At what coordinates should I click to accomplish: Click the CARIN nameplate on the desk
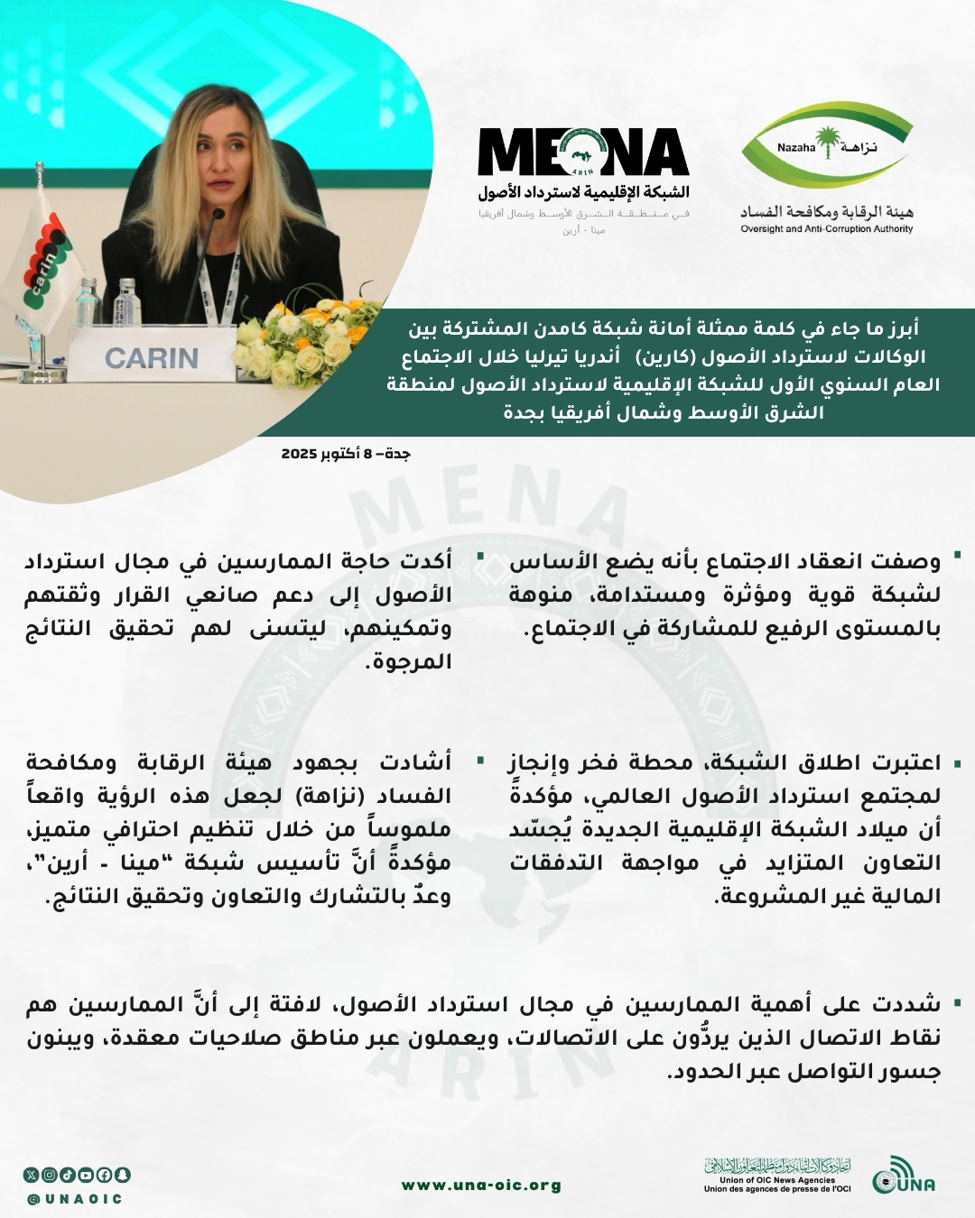[151, 358]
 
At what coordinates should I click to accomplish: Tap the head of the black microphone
[217, 217]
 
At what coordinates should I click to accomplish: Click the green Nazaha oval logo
[826, 144]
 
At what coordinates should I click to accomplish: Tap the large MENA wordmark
[583, 153]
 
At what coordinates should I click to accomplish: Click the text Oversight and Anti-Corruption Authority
[826, 229]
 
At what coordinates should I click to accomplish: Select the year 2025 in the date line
[299, 453]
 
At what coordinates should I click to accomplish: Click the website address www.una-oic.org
[481, 1186]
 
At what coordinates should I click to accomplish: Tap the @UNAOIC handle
[74, 1199]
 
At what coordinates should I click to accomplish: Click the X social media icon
[32, 1175]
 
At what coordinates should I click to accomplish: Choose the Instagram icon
[50, 1175]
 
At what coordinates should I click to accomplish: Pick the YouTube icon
[86, 1175]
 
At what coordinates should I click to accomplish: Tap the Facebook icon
[104, 1175]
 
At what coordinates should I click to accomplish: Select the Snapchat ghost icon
[122, 1175]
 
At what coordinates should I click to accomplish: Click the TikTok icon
[68, 1175]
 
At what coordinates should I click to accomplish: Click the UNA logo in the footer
[903, 1177]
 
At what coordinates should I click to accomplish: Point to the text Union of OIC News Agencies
[777, 1180]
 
